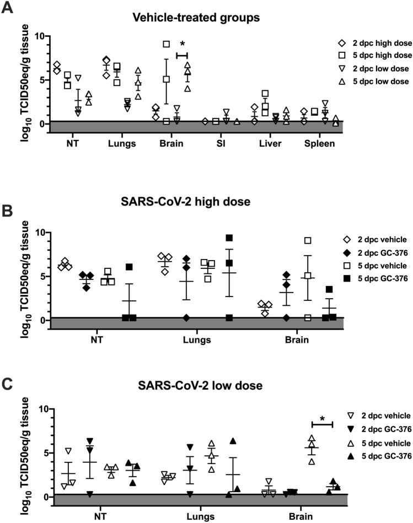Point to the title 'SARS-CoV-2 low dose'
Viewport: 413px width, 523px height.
click(196, 384)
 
